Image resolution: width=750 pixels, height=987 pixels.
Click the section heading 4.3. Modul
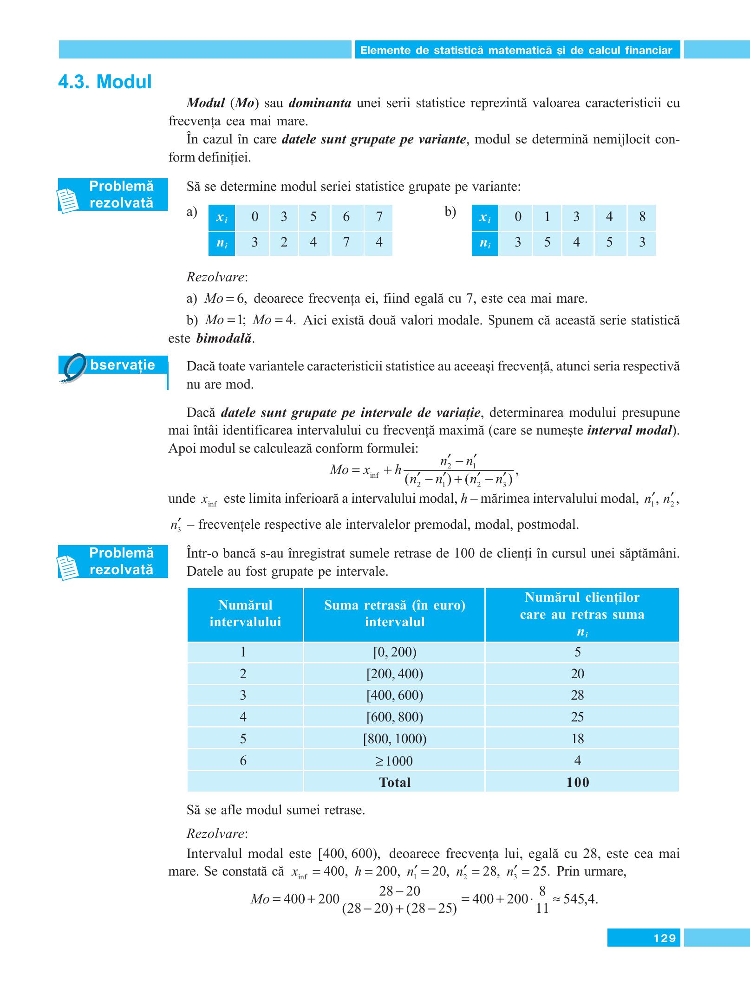point(105,82)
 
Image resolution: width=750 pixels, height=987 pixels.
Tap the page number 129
point(664,938)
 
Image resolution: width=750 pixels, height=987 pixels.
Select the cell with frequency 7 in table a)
point(346,242)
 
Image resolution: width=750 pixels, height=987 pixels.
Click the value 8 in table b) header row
point(642,217)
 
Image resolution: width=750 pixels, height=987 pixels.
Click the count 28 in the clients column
point(577,695)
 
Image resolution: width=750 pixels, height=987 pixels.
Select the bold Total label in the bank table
point(394,782)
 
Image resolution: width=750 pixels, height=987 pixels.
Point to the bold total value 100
point(577,782)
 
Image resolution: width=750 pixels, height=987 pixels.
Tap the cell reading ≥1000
point(394,760)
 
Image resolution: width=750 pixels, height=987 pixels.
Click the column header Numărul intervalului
point(245,613)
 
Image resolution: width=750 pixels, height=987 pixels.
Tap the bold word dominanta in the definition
point(320,103)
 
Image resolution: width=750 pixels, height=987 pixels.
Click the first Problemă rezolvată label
point(121,195)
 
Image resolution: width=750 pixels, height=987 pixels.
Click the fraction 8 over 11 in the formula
point(542,899)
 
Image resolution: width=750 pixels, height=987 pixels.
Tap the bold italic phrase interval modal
point(629,430)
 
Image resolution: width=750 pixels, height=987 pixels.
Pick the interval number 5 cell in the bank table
point(243,739)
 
